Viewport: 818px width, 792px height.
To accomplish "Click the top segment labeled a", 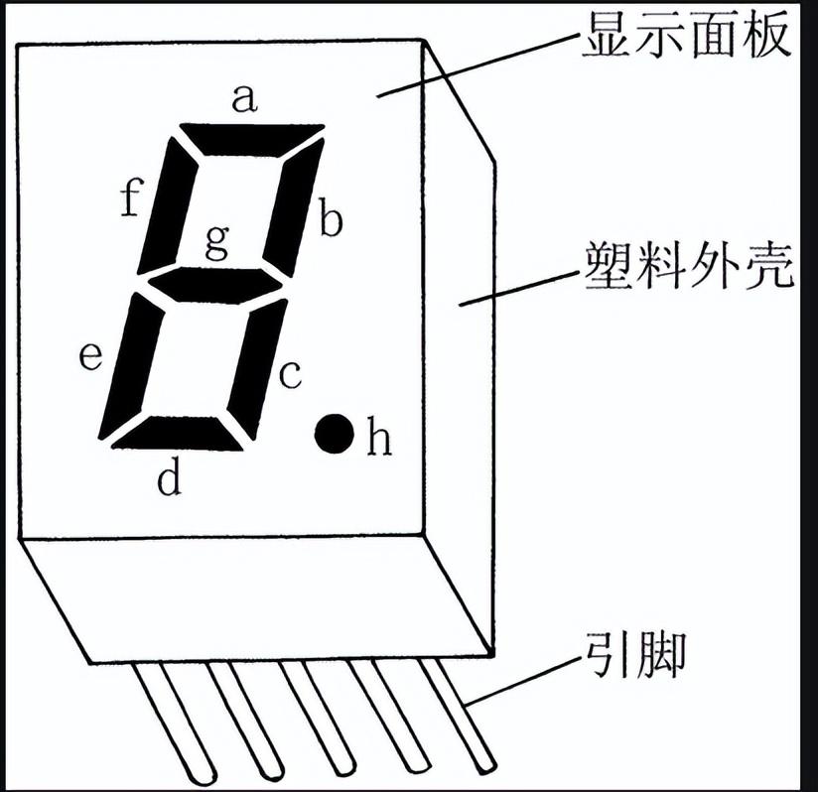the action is coord(252,139).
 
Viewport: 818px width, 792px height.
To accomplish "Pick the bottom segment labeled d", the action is coord(177,433).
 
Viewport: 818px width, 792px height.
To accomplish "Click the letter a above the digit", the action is coord(244,98).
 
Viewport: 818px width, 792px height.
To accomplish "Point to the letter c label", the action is coord(288,375).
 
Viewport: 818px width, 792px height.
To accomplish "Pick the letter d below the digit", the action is coord(170,479).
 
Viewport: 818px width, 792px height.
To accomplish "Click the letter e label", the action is coord(90,356).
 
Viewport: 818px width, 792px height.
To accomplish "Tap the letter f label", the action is coord(128,198).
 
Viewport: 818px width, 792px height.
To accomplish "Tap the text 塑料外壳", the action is coord(688,266).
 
